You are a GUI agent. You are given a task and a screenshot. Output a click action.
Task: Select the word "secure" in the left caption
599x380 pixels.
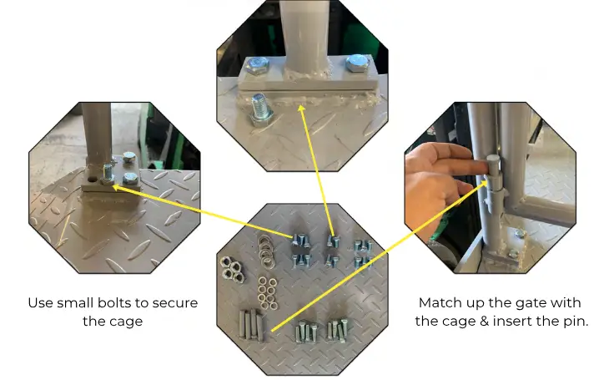(x=175, y=303)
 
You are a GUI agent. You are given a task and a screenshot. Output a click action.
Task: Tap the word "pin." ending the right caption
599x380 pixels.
(x=576, y=322)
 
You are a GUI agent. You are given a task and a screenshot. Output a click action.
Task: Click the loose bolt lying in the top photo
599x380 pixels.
(x=261, y=109)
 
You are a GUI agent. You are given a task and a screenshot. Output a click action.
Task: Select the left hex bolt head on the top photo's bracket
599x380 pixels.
(x=257, y=65)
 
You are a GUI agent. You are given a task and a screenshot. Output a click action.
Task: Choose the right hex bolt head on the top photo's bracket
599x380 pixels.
(x=357, y=63)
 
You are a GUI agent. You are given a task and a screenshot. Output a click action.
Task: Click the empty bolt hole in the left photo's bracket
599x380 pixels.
(x=93, y=179)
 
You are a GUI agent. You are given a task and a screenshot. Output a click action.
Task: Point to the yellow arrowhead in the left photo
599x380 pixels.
(x=116, y=187)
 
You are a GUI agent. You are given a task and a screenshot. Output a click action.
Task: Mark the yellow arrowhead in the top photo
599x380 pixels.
(x=302, y=109)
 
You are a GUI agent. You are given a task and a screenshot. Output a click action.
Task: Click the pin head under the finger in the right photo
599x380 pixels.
(x=493, y=162)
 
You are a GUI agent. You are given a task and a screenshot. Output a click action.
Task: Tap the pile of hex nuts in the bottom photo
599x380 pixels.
(x=232, y=269)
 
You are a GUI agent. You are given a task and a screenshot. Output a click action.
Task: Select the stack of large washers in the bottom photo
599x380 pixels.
(x=265, y=251)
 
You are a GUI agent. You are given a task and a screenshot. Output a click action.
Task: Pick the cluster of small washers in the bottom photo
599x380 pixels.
(x=267, y=293)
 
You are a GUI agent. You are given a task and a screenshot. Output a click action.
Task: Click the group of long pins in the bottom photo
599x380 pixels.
(x=251, y=325)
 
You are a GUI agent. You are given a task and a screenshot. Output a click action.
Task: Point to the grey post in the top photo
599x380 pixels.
(x=305, y=34)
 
